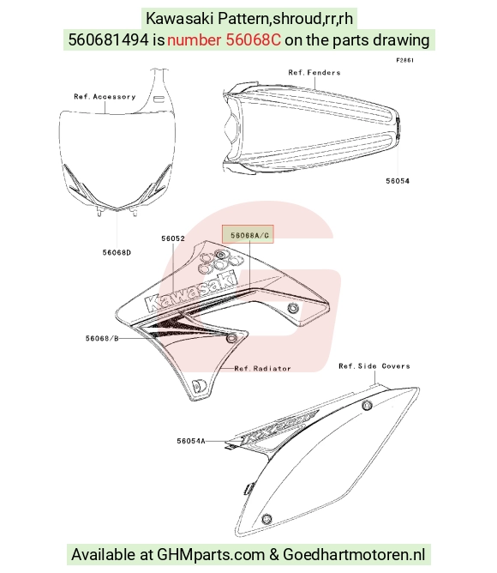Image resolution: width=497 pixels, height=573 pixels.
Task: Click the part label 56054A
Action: tap(190, 441)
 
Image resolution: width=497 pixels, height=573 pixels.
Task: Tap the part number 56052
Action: tap(173, 238)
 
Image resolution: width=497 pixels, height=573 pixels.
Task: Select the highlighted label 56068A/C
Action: tap(249, 235)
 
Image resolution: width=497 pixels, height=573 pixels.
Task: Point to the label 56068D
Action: tap(117, 252)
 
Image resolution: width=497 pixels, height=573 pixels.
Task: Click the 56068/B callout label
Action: tap(102, 338)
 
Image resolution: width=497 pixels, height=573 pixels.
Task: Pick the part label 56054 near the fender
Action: tap(398, 181)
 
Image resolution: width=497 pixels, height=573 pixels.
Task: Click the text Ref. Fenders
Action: tap(314, 72)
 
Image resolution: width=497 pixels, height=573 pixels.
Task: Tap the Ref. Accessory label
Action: tap(105, 96)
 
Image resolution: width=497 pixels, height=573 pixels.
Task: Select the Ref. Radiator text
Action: tap(262, 368)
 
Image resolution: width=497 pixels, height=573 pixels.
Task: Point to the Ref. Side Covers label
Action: tap(374, 365)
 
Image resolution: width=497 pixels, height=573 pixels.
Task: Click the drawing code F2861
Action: tap(405, 60)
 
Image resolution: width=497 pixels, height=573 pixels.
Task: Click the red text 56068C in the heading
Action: tap(254, 39)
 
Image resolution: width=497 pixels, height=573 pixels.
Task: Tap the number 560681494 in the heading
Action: tap(109, 39)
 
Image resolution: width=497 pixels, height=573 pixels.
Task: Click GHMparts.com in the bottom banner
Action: tap(211, 554)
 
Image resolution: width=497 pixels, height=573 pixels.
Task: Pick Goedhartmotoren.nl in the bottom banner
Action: tap(354, 554)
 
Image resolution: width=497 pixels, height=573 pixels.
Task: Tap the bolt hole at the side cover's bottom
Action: tap(267, 519)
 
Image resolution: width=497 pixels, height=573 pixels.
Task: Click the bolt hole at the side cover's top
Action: tap(367, 405)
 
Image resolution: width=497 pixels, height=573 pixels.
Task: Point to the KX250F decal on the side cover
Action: tap(278, 429)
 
